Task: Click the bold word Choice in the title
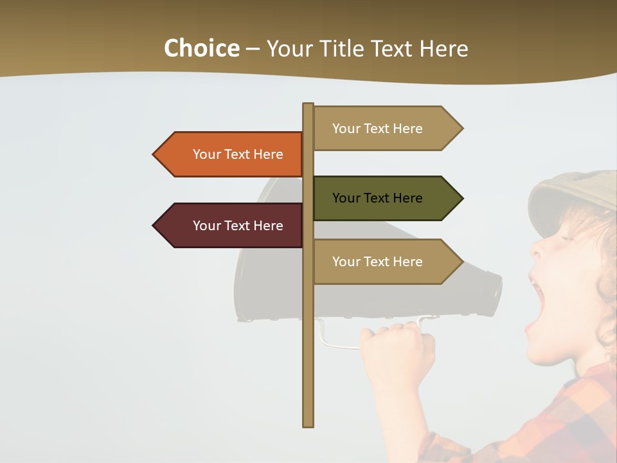point(201,49)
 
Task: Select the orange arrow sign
point(231,154)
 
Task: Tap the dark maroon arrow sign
point(231,226)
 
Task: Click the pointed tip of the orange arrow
point(155,154)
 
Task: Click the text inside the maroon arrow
point(238,226)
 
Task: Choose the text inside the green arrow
point(377,198)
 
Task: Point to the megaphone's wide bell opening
point(257,257)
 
